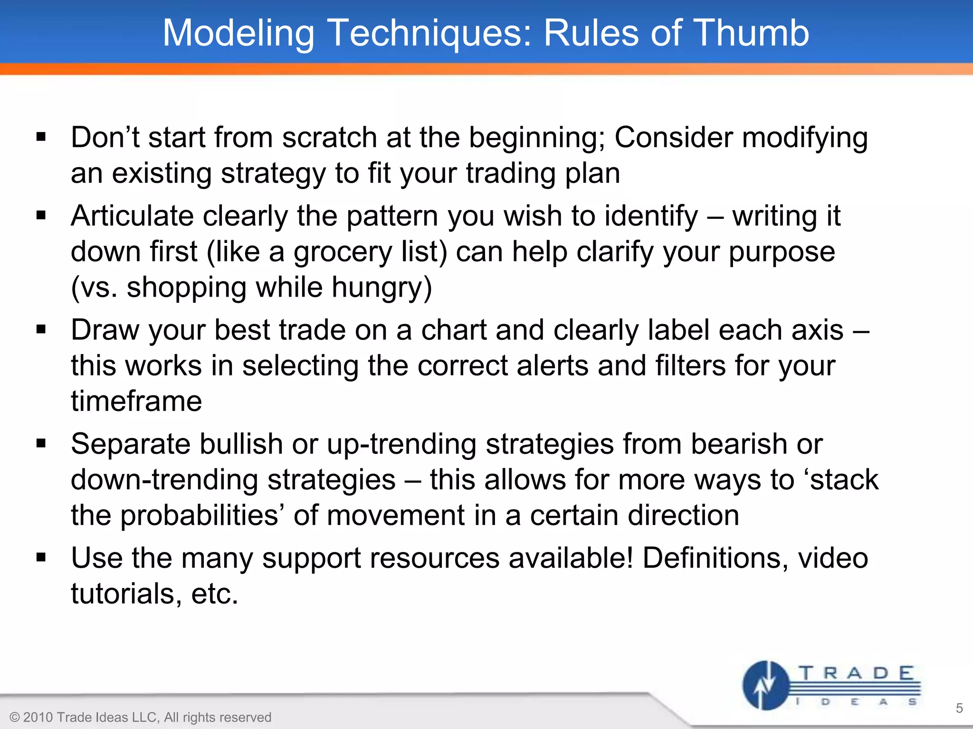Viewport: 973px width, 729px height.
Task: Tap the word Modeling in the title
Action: point(238,33)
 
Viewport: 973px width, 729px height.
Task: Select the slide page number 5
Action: point(959,708)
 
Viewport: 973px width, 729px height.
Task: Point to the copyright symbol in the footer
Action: point(15,717)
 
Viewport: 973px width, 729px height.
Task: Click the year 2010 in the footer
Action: point(38,717)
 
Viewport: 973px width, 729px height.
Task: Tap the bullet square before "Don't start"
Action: point(41,138)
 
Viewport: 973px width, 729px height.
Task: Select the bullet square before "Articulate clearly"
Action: point(41,216)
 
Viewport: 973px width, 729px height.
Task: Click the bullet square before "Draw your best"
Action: point(41,329)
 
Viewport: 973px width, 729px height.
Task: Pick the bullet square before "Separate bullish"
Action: point(41,444)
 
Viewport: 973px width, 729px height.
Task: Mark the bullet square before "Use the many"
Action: point(41,557)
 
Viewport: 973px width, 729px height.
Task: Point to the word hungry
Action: point(382,288)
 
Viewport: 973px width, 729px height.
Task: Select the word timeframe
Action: point(136,401)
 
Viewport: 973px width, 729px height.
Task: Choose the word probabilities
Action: point(200,516)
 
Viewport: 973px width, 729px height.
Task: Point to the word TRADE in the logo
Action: point(855,673)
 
